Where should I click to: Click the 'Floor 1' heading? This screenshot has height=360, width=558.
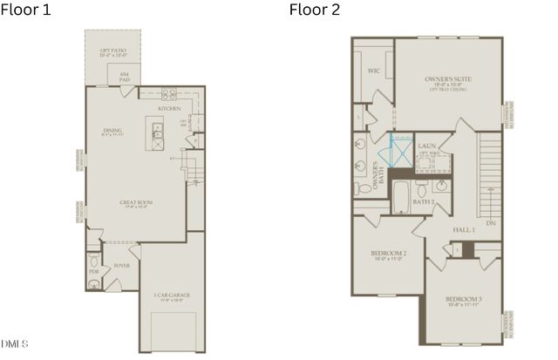25,10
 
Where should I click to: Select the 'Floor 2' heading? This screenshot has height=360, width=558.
315,10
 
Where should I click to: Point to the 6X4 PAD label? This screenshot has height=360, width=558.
126,76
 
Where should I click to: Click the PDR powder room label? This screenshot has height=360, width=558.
93,271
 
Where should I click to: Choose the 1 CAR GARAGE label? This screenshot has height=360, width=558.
171,295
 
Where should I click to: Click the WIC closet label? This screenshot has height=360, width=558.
373,71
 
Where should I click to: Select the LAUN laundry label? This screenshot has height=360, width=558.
426,146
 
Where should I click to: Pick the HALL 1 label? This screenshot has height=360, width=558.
463,229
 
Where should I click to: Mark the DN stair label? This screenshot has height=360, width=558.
491,223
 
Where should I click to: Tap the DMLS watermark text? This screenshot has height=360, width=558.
15,342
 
